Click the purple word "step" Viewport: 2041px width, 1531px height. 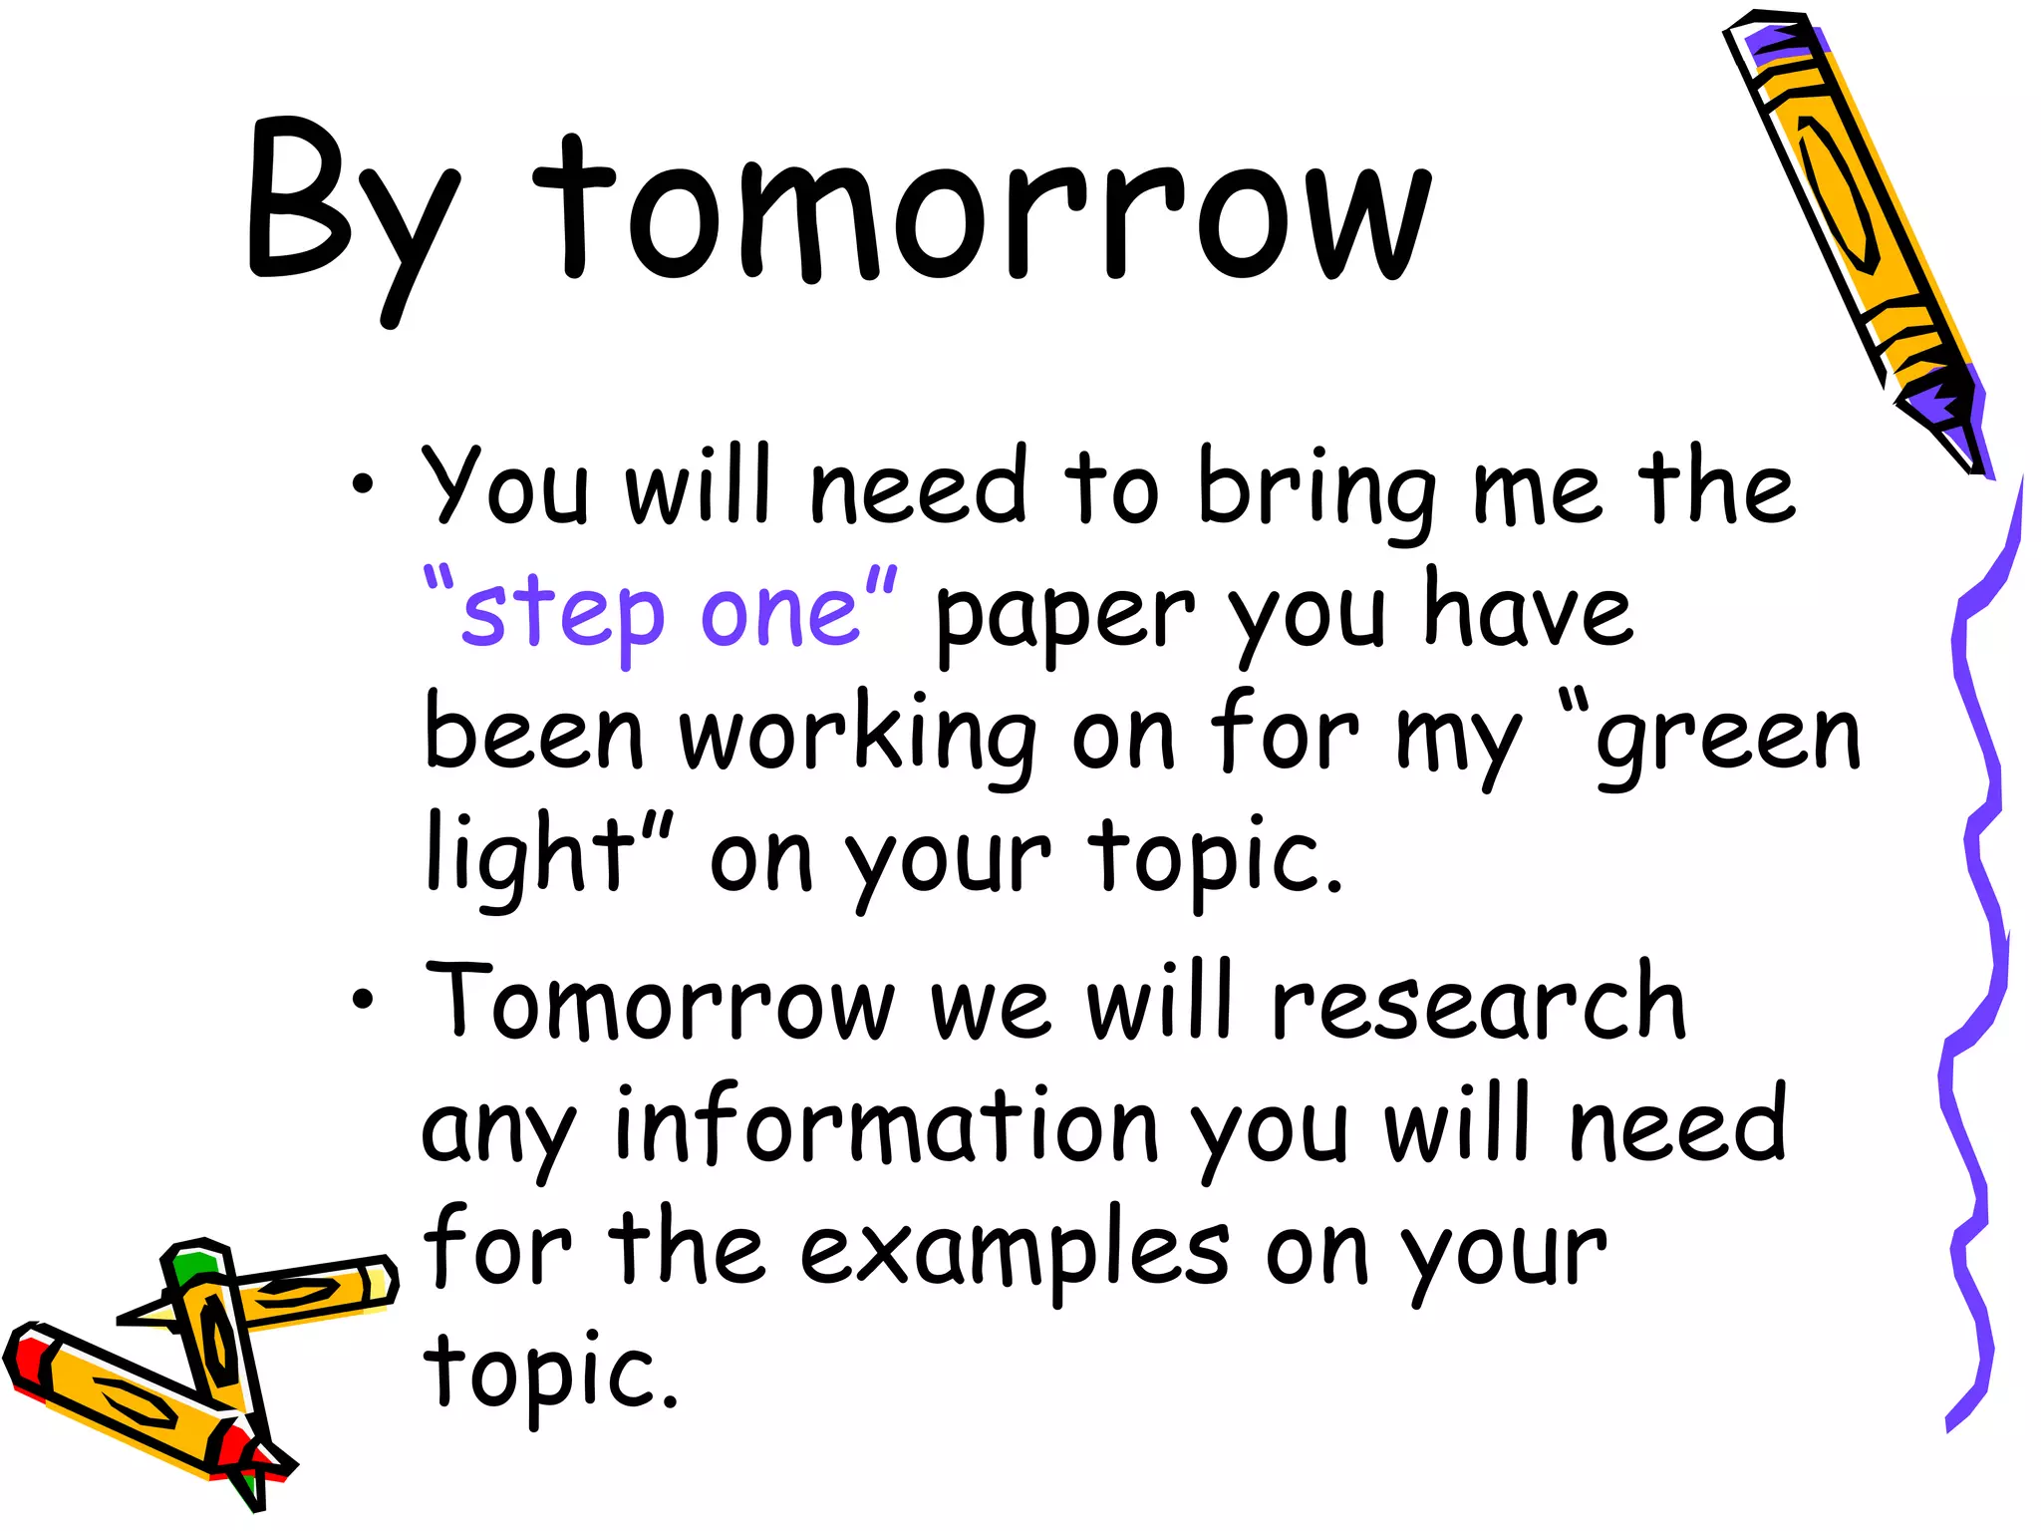[x=563, y=613]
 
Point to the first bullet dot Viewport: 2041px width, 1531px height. [x=363, y=485]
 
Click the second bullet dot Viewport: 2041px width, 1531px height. [x=363, y=1000]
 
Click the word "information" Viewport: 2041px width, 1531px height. [x=887, y=1126]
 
